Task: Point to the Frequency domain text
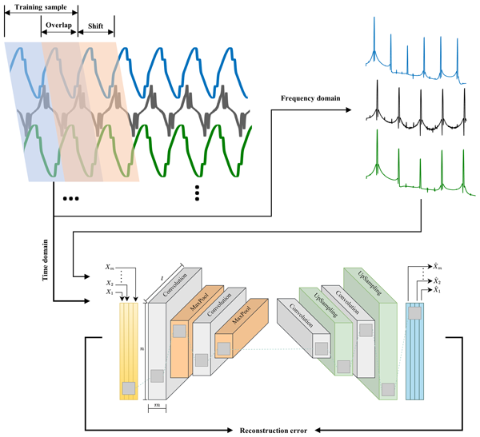310,99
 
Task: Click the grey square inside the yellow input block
128,388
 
